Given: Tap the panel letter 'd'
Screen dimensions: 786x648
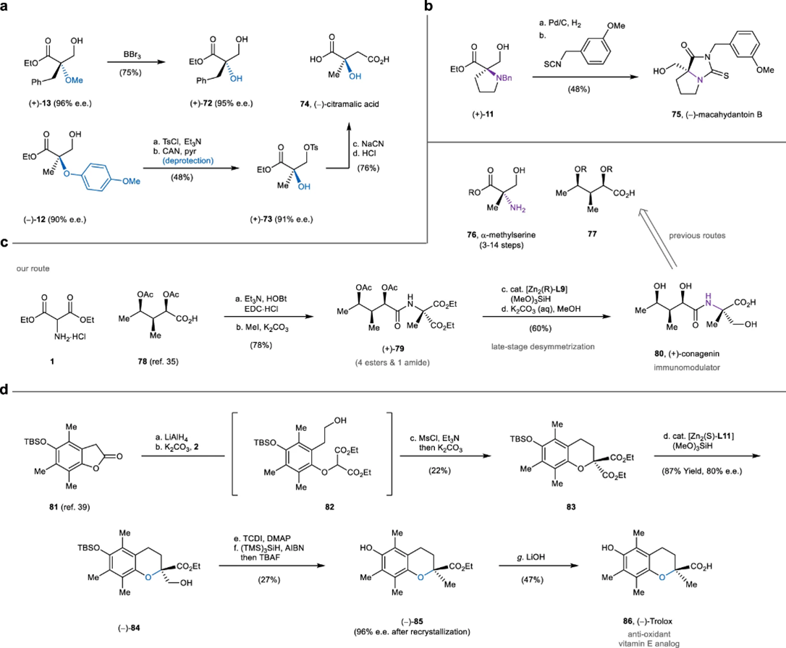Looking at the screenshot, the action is (x=5, y=389).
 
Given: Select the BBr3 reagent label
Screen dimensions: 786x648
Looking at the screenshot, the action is (x=132, y=54).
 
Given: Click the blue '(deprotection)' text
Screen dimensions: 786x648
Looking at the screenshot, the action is (x=188, y=161).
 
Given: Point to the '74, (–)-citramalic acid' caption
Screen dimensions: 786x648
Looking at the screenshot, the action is (x=339, y=104).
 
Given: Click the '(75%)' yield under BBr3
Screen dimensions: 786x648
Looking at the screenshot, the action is (x=130, y=72).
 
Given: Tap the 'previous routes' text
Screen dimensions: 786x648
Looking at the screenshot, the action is (x=697, y=235).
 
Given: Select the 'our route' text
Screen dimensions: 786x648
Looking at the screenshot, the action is (x=33, y=268).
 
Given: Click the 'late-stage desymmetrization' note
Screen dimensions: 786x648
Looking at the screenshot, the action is (x=543, y=346).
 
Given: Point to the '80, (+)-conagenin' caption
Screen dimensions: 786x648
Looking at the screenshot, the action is (x=687, y=354).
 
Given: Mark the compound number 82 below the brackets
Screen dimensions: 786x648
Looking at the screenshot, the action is (x=329, y=507).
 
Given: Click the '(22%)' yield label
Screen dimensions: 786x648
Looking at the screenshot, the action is (x=439, y=471).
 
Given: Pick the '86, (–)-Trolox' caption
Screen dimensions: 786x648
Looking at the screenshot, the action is (x=648, y=621).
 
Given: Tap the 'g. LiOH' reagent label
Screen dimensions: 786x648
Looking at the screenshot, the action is (x=531, y=557).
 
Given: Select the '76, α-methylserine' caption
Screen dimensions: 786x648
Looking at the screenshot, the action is (x=502, y=234).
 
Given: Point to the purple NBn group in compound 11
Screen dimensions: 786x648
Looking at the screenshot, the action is (x=503, y=78).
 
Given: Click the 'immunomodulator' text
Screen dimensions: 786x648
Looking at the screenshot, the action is (x=687, y=367).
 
